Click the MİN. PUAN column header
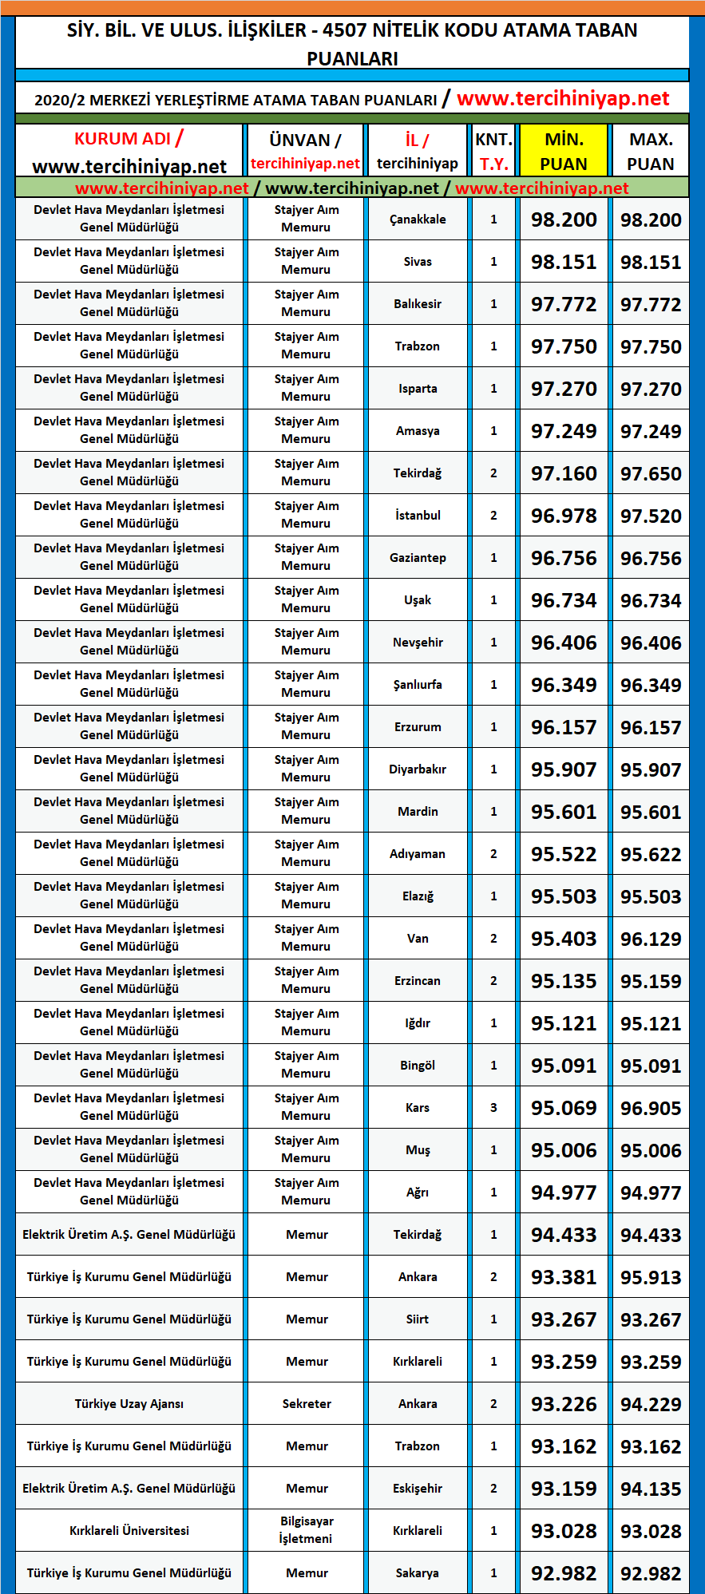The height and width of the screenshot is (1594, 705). tap(564, 151)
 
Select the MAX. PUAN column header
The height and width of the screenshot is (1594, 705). tap(651, 151)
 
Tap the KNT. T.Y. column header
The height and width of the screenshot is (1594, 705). tap(493, 151)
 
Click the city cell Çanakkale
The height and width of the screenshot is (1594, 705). tap(418, 220)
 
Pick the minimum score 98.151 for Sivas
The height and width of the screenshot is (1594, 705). tap(564, 262)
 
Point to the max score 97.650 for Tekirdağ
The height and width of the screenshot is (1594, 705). tap(651, 473)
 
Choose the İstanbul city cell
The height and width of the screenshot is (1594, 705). tap(418, 516)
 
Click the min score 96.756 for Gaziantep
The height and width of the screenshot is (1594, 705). tap(564, 558)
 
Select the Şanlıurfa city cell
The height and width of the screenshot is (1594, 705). tap(418, 685)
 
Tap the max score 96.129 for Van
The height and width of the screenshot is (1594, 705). tap(651, 939)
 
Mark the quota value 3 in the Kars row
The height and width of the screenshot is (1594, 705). tap(493, 1108)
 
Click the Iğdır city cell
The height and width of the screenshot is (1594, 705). tap(418, 1023)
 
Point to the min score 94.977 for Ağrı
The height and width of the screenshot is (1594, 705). tap(564, 1193)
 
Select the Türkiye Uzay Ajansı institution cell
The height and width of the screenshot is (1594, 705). tap(129, 1404)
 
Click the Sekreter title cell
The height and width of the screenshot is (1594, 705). tap(307, 1404)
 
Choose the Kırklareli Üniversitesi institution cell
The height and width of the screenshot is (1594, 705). tap(129, 1531)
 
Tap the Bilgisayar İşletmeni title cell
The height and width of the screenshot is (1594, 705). tap(307, 1530)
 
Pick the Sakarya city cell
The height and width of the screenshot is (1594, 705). tap(418, 1573)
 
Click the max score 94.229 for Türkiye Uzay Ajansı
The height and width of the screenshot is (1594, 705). tap(651, 1404)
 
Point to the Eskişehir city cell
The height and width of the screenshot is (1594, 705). tap(418, 1489)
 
